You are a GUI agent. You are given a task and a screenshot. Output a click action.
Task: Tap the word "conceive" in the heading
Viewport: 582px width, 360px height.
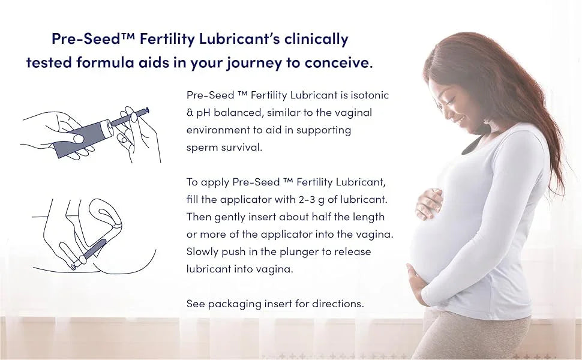coord(335,63)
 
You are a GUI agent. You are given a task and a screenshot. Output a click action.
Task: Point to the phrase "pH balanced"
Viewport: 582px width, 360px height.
coord(225,112)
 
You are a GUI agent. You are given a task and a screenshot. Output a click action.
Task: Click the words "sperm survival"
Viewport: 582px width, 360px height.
coord(224,147)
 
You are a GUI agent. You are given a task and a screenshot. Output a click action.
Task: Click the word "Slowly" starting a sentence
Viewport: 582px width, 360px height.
coord(202,251)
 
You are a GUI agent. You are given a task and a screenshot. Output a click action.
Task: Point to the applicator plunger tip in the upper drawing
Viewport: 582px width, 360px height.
coord(146,109)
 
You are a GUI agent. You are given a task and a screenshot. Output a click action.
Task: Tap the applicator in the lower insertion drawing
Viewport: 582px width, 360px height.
coord(90,252)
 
